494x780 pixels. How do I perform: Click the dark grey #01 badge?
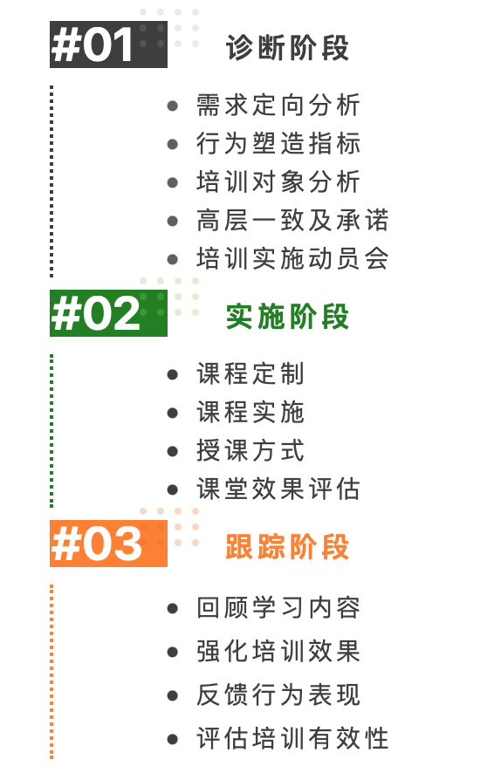(108, 44)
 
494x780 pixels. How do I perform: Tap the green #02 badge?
(108, 313)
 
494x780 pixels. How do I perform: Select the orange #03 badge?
(108, 544)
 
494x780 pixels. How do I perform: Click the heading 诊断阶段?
(287, 48)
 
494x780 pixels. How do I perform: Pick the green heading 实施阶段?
(287, 317)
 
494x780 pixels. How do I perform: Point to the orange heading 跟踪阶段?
(287, 547)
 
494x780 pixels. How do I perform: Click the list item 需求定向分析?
(278, 106)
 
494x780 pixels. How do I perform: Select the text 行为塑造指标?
(278, 144)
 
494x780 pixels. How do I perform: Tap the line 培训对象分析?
(278, 182)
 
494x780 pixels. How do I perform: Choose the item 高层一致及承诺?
(292, 221)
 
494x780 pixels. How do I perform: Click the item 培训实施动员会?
(292, 258)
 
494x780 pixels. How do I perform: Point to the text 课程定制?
(250, 374)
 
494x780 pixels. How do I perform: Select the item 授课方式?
(250, 451)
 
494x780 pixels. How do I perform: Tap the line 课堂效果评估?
(278, 489)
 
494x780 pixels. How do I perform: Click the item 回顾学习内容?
(278, 608)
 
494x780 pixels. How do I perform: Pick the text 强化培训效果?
(278, 652)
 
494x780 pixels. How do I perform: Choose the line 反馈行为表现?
(278, 695)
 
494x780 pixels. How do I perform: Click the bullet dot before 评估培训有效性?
(173, 739)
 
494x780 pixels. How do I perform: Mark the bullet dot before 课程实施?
(173, 413)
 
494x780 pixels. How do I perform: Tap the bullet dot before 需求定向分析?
(173, 106)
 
